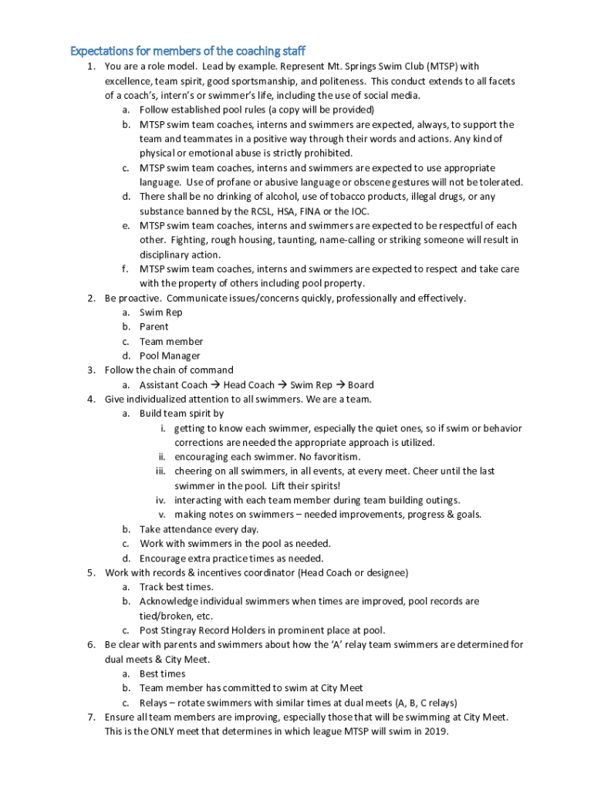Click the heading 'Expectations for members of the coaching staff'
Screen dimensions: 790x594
(188, 52)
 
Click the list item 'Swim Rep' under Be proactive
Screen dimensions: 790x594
(160, 312)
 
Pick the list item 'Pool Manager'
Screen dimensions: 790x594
(170, 356)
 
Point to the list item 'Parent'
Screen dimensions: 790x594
(154, 327)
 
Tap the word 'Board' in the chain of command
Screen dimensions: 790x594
(361, 385)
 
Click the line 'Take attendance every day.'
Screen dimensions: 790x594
(198, 529)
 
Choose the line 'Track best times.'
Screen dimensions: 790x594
(177, 587)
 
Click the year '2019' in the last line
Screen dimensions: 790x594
(434, 731)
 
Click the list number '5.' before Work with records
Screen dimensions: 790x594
(90, 572)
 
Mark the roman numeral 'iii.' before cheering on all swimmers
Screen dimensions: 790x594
(161, 471)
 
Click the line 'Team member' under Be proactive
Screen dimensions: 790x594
(171, 341)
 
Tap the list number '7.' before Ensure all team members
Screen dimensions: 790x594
(90, 717)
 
